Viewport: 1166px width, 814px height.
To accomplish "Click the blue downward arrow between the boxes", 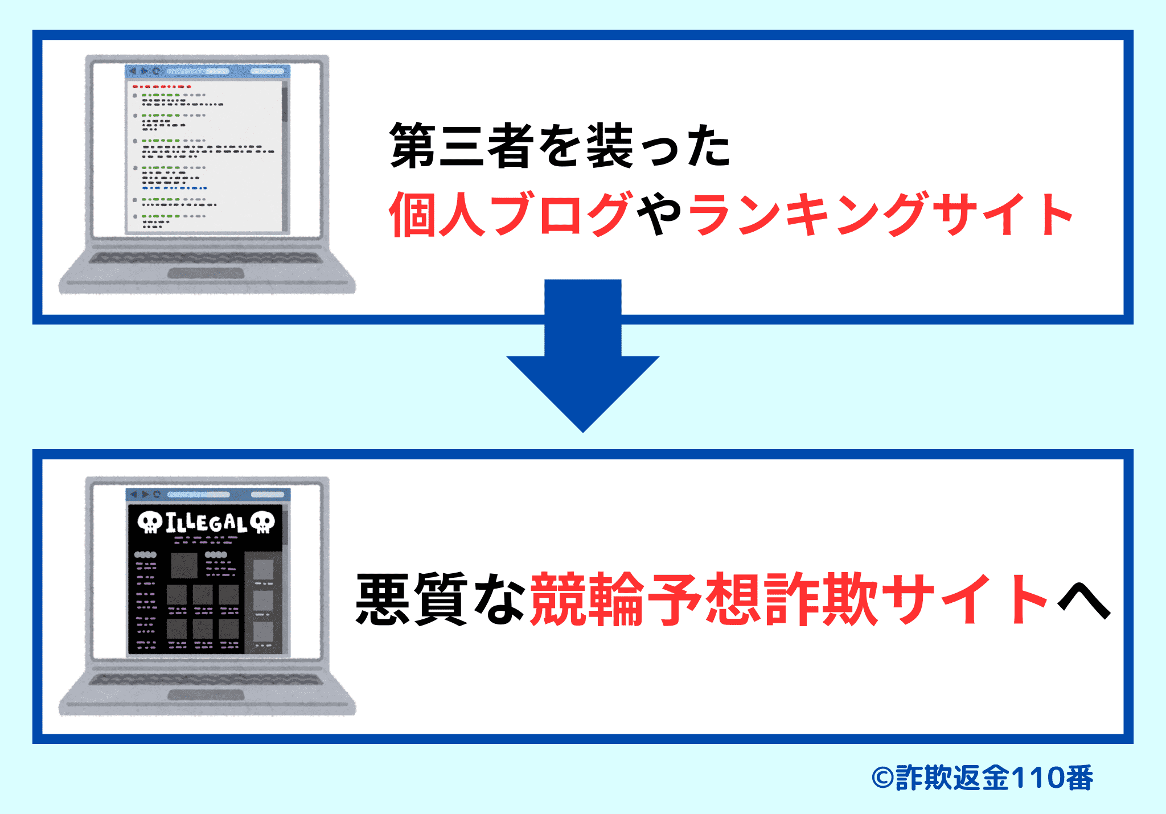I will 582,364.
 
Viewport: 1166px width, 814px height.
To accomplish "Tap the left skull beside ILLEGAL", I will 150,522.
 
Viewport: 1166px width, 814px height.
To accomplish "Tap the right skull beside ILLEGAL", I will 262,522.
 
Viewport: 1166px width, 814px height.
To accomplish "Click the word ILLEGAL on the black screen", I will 206,523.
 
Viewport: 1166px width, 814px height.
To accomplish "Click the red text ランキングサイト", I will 880,214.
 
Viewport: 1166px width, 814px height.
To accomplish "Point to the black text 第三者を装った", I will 560,146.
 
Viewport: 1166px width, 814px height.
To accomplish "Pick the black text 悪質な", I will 441,599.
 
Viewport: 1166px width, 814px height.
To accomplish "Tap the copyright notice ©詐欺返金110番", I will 982,778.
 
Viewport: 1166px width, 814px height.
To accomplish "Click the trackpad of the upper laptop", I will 206,273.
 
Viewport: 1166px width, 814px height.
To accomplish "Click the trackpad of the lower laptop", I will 206,695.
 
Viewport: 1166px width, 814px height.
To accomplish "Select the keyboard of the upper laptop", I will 206,258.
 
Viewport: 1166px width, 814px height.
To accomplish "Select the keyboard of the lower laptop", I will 206,680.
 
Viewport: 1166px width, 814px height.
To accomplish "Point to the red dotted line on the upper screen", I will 162,87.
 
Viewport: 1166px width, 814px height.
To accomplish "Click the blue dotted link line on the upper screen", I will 174,188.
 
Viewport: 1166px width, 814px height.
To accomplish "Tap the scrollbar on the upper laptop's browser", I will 285,102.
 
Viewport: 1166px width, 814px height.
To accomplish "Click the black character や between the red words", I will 659,214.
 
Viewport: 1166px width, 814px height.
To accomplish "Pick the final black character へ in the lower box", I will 1083,602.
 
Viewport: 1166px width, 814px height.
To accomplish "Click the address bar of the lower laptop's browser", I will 198,495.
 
